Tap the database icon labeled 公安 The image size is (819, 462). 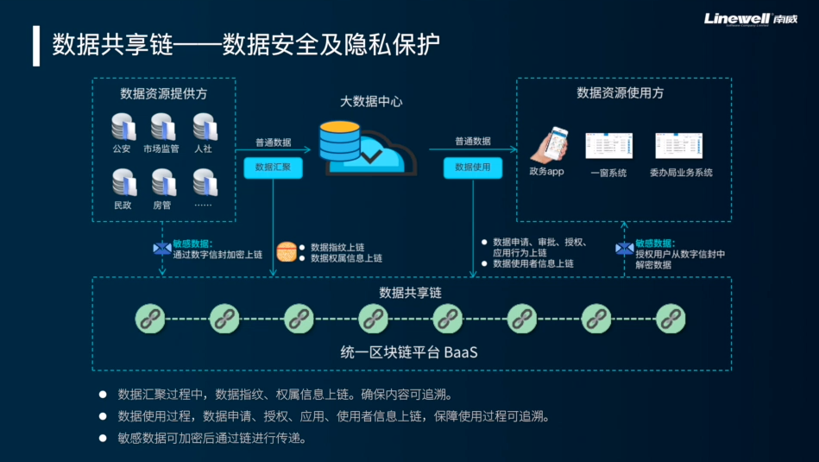tap(123, 127)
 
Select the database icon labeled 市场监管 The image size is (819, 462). tap(162, 127)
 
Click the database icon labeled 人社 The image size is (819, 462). tap(204, 127)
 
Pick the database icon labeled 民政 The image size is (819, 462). tap(123, 182)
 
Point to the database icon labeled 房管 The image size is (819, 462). tap(162, 182)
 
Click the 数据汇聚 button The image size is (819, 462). tap(273, 168)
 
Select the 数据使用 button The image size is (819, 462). tap(472, 168)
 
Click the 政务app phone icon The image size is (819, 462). tap(548, 144)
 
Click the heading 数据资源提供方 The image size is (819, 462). tap(163, 93)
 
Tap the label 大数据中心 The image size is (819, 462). tap(371, 101)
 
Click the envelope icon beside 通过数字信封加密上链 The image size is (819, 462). tap(161, 249)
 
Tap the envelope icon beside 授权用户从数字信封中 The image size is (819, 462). tap(624, 249)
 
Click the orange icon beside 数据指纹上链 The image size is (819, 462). tap(286, 251)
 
